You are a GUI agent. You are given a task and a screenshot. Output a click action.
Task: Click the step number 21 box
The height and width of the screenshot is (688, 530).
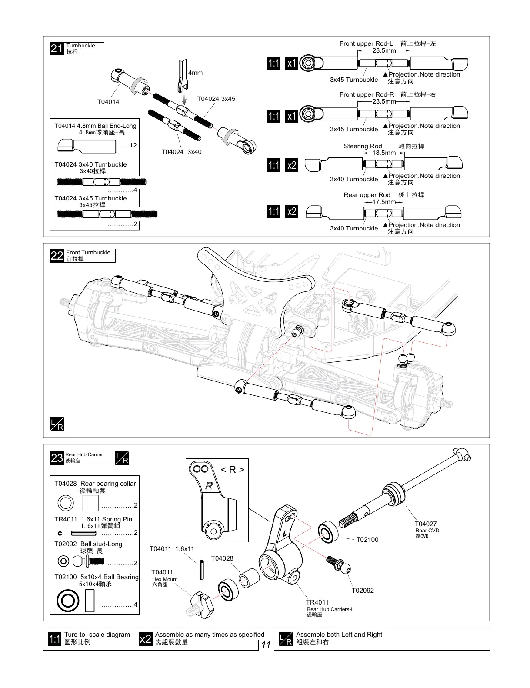point(57,49)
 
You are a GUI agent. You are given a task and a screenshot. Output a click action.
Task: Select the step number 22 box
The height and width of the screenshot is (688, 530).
point(57,256)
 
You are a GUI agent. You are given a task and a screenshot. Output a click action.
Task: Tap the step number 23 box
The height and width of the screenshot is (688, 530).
point(57,458)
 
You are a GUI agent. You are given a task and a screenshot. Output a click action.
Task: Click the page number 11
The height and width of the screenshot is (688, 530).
point(266,645)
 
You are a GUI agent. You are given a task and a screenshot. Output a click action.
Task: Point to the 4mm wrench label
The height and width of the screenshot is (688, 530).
point(195,73)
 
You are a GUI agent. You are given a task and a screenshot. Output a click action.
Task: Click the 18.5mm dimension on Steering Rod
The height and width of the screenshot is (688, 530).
point(384,153)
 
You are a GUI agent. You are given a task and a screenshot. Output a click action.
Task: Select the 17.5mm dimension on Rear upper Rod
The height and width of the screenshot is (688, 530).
point(384,202)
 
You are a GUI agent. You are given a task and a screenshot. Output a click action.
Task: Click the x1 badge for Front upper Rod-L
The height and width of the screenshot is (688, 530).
point(291,63)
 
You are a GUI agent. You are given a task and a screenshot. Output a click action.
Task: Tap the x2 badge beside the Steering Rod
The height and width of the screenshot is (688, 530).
point(291,165)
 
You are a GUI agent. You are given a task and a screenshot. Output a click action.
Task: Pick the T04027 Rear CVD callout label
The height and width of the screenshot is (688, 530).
point(426,524)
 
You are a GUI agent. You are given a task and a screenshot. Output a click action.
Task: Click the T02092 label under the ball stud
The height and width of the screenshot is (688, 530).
point(363,590)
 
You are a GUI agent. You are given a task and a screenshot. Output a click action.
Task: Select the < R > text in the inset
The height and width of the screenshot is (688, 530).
point(233,470)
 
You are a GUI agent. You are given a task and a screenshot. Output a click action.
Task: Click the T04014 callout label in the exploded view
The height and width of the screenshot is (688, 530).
point(108,102)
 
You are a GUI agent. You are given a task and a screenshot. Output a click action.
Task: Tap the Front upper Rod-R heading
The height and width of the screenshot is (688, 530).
point(367,94)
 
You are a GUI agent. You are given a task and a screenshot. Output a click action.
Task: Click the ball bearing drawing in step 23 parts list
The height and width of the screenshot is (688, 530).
point(68,601)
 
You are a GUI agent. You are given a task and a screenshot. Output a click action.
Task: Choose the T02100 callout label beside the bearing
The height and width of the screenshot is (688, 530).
point(367,540)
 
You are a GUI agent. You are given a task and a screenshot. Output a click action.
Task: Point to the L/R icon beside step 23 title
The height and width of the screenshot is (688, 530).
point(122,458)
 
